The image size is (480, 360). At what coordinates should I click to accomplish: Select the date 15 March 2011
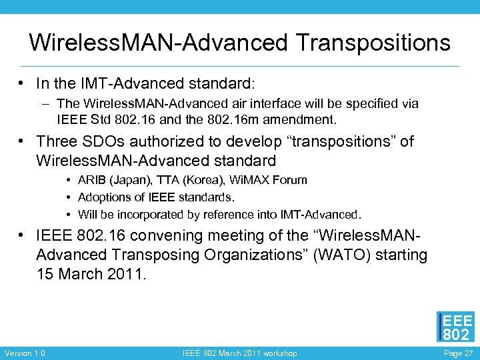[x=89, y=274]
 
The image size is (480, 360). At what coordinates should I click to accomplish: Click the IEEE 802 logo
[x=455, y=327]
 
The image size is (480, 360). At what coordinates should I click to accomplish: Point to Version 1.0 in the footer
[x=25, y=353]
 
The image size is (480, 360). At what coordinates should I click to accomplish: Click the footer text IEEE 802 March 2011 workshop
[x=240, y=353]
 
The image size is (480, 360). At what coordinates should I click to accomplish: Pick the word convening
[x=157, y=235]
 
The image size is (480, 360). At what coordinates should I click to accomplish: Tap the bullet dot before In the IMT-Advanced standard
[x=23, y=84]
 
